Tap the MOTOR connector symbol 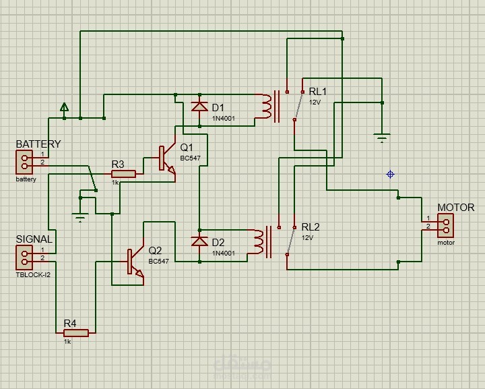click(445, 224)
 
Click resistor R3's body click(123, 174)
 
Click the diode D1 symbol click(199, 107)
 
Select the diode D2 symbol click(199, 241)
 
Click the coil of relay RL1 click(265, 106)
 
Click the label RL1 click(317, 92)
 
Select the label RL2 click(311, 227)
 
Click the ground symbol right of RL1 click(382, 138)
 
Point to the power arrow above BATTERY click(64, 107)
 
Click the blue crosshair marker click(390, 175)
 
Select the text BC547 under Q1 click(189, 158)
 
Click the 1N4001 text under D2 click(224, 253)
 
